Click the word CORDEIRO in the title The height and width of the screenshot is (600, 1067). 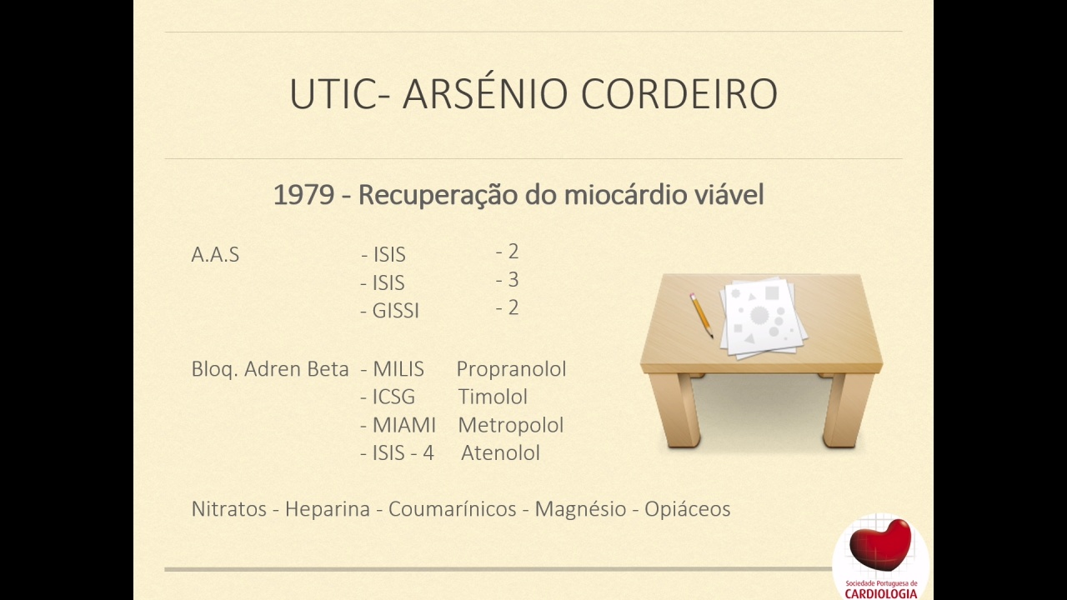pyautogui.click(x=679, y=94)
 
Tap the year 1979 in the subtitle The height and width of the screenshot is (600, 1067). pyautogui.click(x=303, y=195)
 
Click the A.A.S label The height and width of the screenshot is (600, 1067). pyautogui.click(x=215, y=255)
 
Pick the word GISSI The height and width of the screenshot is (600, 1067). pyautogui.click(x=395, y=311)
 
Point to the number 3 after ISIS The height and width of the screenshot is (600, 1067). pyautogui.click(x=513, y=279)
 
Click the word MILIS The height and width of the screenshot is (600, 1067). pyautogui.click(x=398, y=369)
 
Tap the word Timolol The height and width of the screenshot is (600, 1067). pyautogui.click(x=493, y=397)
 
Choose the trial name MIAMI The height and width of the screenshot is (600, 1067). pyautogui.click(x=404, y=425)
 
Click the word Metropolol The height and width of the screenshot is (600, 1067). pyautogui.click(x=511, y=426)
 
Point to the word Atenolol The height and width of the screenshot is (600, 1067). pyautogui.click(x=501, y=452)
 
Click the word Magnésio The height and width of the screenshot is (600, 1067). pyautogui.click(x=580, y=509)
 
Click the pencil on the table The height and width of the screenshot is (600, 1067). pyautogui.click(x=701, y=315)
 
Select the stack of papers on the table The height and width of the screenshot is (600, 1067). pyautogui.click(x=763, y=318)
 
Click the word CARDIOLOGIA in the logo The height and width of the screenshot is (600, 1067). pyautogui.click(x=881, y=594)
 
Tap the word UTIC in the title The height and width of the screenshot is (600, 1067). pyautogui.click(x=333, y=94)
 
